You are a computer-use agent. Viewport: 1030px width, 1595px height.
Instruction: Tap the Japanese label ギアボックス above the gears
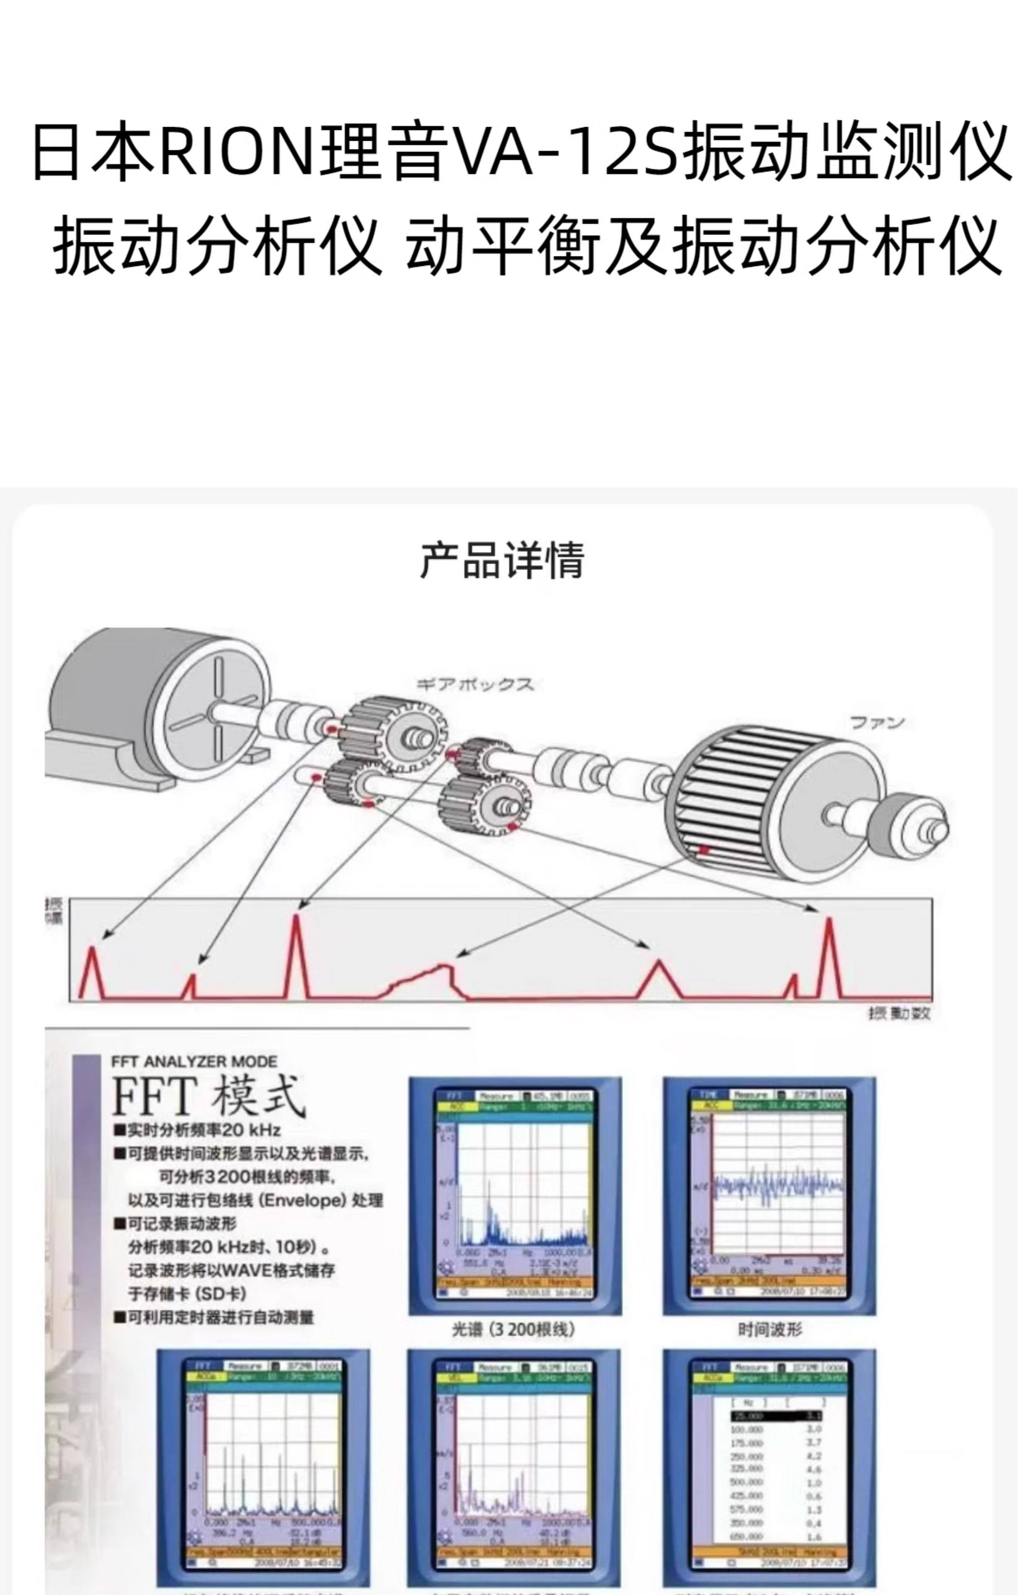[x=475, y=684]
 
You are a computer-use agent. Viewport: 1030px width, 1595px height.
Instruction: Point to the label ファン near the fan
[x=876, y=723]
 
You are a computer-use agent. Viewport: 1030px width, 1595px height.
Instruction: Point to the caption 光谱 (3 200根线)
[x=513, y=1329]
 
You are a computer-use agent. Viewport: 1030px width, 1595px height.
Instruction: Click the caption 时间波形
[x=769, y=1329]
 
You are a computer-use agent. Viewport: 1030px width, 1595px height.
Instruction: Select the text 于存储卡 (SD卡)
[x=187, y=1293]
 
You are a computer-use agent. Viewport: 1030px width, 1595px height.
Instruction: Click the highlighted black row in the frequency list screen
[x=776, y=1416]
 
